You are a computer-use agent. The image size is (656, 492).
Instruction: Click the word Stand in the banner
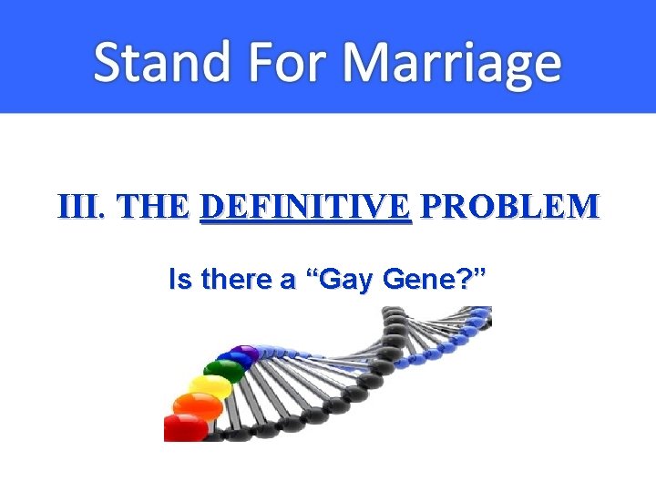[159, 62]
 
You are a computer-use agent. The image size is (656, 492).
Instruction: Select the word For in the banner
[288, 62]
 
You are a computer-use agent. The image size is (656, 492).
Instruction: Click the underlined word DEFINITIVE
[305, 207]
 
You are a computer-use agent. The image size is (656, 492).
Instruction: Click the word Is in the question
[179, 281]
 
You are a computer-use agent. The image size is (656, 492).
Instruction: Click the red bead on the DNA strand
[185, 426]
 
